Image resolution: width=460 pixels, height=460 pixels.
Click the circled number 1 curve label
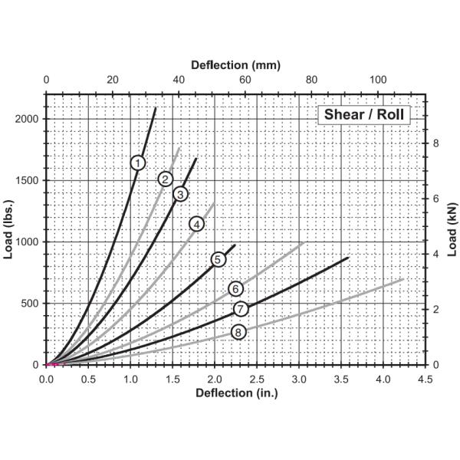(x=137, y=163)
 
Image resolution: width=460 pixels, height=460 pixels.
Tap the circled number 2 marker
(x=165, y=179)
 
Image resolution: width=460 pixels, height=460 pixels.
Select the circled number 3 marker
(x=180, y=194)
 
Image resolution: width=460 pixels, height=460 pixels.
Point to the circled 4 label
(x=197, y=224)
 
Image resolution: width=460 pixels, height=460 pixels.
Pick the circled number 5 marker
(x=218, y=259)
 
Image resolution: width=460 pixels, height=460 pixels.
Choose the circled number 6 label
(x=235, y=288)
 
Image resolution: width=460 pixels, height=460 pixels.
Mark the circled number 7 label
(x=241, y=309)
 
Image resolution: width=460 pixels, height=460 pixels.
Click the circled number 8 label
(x=238, y=332)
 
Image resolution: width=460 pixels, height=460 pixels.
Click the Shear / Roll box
(x=363, y=115)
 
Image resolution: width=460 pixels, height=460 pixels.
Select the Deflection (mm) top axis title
(x=235, y=66)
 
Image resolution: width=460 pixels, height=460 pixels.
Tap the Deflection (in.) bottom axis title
(x=236, y=393)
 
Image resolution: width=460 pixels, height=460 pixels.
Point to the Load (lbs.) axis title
(x=10, y=229)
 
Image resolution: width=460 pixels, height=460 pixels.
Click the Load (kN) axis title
(x=452, y=229)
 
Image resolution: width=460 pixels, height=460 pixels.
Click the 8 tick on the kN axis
(x=435, y=143)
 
